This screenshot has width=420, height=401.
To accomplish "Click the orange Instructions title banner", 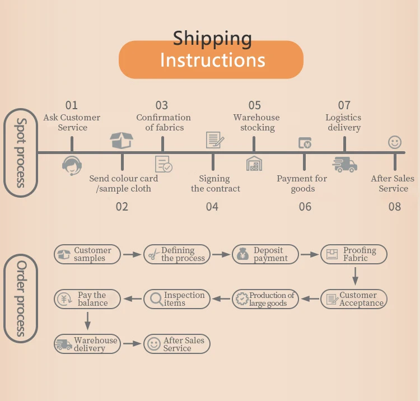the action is pyautogui.click(x=211, y=59).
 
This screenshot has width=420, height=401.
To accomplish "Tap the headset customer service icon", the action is pyautogui.click(x=72, y=165).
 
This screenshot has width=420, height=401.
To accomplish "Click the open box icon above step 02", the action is pyautogui.click(x=122, y=140).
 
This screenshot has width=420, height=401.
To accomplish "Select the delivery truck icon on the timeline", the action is pyautogui.click(x=344, y=164).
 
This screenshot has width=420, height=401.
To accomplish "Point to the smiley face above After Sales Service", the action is pyautogui.click(x=395, y=142).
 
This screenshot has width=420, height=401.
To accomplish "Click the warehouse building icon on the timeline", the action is pyautogui.click(x=254, y=164).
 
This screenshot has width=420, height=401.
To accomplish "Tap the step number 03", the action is pyautogui.click(x=162, y=105).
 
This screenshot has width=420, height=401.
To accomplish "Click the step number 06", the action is pyautogui.click(x=305, y=207).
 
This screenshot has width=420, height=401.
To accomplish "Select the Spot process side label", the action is pyautogui.click(x=21, y=152).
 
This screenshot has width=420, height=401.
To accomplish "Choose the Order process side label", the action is pyautogui.click(x=21, y=298).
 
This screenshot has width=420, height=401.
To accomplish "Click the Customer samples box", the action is pyautogui.click(x=87, y=254).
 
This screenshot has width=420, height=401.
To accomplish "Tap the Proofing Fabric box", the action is pyautogui.click(x=353, y=254).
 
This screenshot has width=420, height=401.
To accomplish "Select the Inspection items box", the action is pyautogui.click(x=177, y=299).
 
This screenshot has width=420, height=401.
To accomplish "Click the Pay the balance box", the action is pyautogui.click(x=87, y=299).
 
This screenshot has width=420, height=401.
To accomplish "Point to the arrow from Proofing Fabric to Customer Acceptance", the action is pyautogui.click(x=355, y=276).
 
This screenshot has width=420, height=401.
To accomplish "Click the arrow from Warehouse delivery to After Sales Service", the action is pyautogui.click(x=132, y=344).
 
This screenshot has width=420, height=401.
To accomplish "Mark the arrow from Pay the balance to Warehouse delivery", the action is pyautogui.click(x=87, y=321).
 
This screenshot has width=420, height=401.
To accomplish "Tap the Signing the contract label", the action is pyautogui.click(x=213, y=184).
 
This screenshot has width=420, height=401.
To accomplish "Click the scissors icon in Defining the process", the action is pyautogui.click(x=153, y=255).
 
